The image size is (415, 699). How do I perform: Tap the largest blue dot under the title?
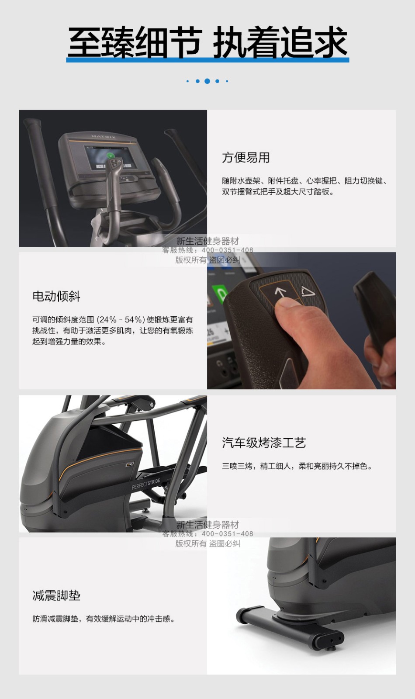click(207, 81)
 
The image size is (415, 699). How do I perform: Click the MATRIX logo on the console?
click(104, 137)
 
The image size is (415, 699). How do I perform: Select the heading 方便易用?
click(246, 158)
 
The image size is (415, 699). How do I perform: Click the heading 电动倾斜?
click(56, 296)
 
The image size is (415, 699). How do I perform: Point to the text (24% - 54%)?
click(121, 319)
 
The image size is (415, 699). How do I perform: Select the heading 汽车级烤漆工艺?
click(264, 443)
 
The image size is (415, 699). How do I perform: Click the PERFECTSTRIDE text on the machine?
click(146, 483)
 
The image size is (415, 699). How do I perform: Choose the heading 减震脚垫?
click(56, 596)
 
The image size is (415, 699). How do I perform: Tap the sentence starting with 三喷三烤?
click(297, 466)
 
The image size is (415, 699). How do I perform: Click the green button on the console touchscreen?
click(110, 156)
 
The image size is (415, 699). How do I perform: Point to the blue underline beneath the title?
click(207, 59)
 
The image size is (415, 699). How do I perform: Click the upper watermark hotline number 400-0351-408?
click(227, 250)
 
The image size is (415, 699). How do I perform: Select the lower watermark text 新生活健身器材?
click(207, 525)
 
